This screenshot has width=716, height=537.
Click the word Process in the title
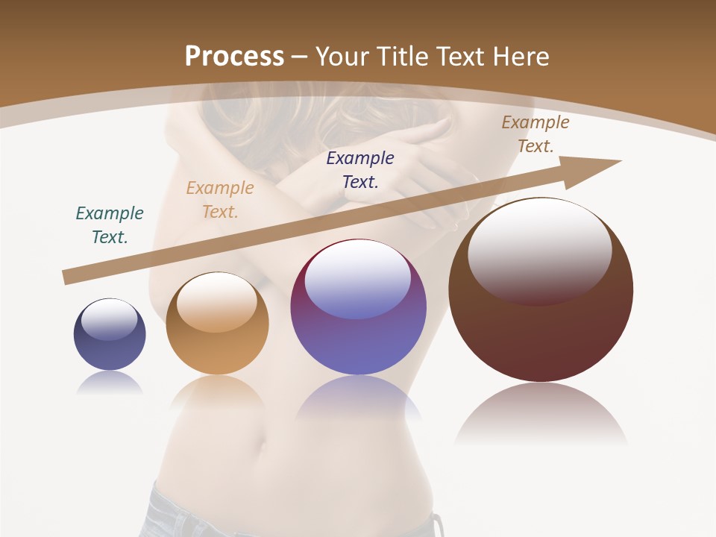tap(234, 57)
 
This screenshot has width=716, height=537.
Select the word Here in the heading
tap(520, 57)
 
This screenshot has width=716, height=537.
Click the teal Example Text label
tap(110, 225)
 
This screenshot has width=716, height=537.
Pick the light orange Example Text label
tap(220, 200)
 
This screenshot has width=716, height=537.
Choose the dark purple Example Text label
tap(360, 169)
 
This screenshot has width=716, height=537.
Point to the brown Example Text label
tap(536, 134)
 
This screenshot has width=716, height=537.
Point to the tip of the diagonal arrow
tap(619, 161)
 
